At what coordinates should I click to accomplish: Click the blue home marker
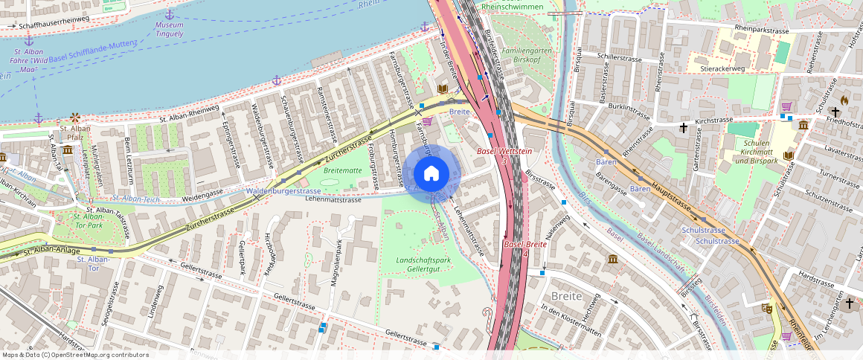(431, 174)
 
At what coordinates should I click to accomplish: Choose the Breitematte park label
(342, 170)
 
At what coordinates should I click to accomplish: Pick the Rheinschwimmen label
(513, 6)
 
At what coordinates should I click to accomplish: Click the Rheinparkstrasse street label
(761, 28)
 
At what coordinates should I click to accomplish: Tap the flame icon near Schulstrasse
(844, 100)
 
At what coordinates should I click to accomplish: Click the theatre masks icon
(767, 307)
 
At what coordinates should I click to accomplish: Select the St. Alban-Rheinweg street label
(189, 113)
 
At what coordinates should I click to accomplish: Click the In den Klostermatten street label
(570, 316)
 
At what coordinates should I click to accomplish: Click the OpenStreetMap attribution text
(76, 355)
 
